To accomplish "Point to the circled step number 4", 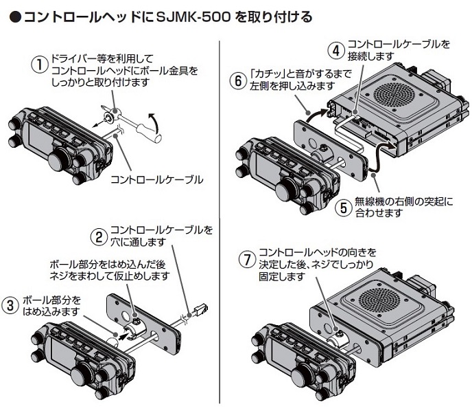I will [x=335, y=49].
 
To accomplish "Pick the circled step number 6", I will [x=237, y=80].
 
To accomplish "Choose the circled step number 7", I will [x=245, y=260].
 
